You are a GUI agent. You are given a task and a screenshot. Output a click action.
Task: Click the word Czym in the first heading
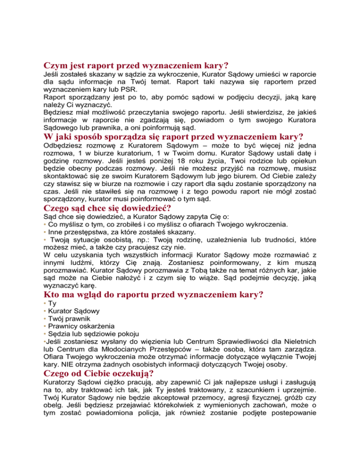pos(55,66)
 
